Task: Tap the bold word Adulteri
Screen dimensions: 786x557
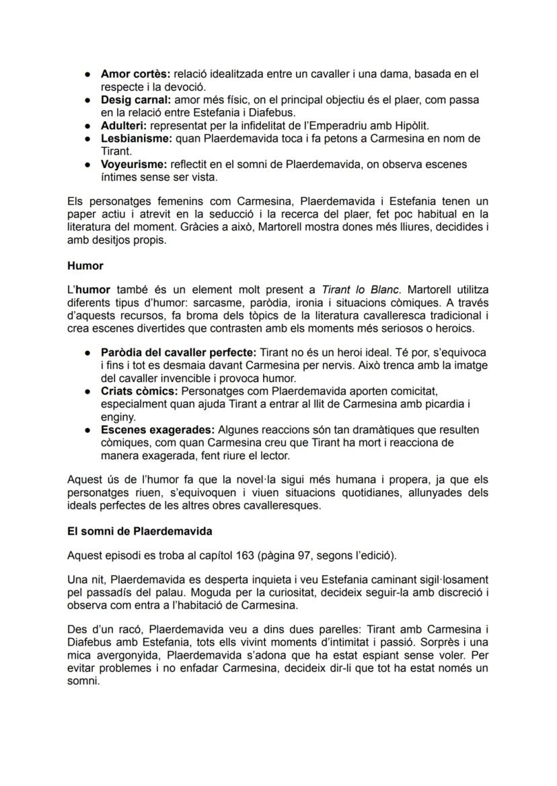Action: pyautogui.click(x=124, y=126)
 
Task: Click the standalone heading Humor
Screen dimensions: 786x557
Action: pyautogui.click(x=85, y=266)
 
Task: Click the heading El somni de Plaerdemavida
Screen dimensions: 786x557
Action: pyautogui.click(x=140, y=531)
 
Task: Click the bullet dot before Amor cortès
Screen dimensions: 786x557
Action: pyautogui.click(x=87, y=73)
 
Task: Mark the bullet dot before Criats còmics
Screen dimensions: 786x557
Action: pyautogui.click(x=87, y=391)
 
